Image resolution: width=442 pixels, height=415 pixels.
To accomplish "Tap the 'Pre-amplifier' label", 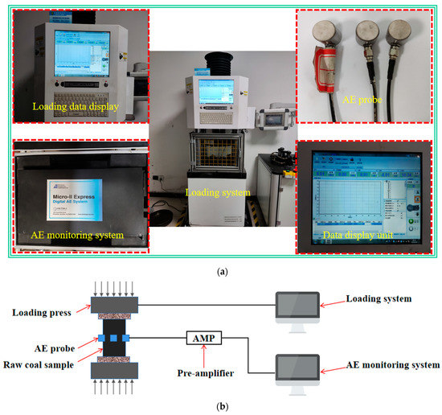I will pos(203,375).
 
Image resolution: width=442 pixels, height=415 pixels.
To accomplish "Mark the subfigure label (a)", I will pos(220,273).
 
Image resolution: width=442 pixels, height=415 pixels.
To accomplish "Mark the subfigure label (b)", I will pos(220,406).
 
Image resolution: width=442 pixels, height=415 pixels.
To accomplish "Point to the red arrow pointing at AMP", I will pos(203,357).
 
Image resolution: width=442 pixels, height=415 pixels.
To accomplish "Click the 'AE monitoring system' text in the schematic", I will pos(387,364).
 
